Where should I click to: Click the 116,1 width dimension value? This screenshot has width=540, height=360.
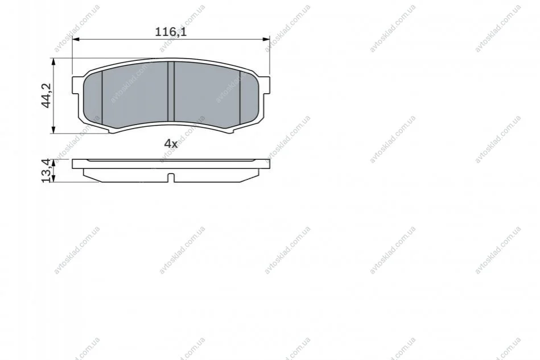click(x=171, y=32)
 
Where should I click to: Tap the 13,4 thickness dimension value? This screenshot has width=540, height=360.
click(x=47, y=171)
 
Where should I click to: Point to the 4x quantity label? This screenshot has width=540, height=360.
click(x=171, y=143)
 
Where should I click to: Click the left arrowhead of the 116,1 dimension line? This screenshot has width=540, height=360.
click(x=76, y=40)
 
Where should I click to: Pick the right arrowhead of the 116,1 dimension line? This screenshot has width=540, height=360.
click(x=266, y=40)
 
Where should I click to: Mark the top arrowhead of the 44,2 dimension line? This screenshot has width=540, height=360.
click(x=53, y=62)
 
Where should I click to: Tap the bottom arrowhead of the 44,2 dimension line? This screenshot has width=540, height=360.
click(x=53, y=130)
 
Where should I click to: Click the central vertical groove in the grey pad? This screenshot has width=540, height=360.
click(x=171, y=91)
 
